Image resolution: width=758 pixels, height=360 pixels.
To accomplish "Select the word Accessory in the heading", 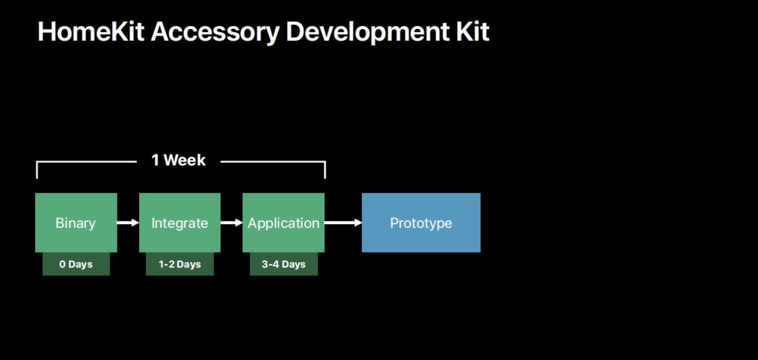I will point(215,32).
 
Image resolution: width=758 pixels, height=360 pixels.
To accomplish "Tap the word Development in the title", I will point(367,32).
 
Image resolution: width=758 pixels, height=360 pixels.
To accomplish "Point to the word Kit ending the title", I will point(472,32).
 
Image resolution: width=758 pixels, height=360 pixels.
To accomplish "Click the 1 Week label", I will point(178,160).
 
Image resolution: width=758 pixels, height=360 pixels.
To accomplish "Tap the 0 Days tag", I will point(76,264).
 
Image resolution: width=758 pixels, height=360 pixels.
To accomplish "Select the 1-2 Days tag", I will point(180,264).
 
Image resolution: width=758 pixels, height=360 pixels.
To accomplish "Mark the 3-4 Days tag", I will point(284,264).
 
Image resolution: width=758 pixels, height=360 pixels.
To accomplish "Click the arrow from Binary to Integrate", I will point(128,223).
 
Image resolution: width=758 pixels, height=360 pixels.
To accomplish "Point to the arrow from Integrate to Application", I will point(232,223).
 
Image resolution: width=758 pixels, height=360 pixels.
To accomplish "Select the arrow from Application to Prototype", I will point(343,223).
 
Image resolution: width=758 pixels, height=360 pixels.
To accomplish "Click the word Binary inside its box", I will point(76,223).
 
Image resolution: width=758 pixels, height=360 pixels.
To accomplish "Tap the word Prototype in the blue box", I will point(421,223).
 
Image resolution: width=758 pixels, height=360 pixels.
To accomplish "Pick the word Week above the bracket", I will point(185,160).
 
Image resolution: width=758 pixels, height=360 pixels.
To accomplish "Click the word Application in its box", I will point(283,223).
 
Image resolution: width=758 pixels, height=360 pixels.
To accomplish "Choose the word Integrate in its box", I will point(180,223).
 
